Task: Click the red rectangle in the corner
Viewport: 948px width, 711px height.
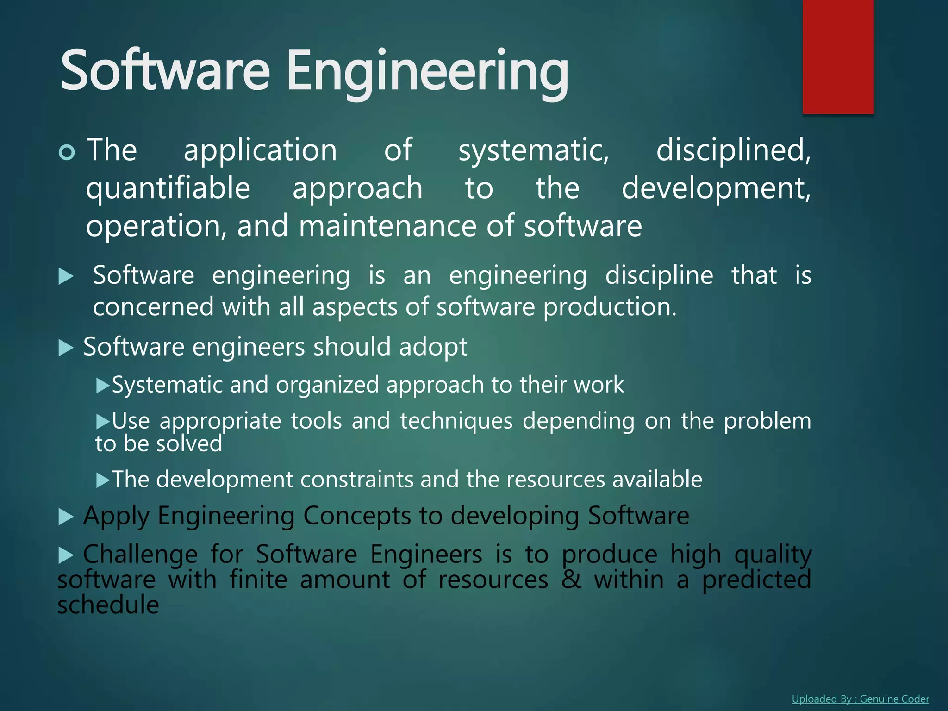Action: coord(838,56)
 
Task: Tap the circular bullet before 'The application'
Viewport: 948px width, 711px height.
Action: coord(67,152)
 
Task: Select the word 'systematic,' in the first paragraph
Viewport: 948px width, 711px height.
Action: coord(534,151)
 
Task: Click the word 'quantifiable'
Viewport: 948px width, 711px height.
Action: coord(168,189)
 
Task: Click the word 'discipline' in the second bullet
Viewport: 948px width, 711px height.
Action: coord(659,276)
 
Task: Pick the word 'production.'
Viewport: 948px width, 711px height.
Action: coord(610,307)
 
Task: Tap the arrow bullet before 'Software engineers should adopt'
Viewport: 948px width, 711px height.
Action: coord(66,348)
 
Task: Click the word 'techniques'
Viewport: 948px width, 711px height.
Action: coord(456,421)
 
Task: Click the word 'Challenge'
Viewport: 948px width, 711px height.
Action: coord(140,555)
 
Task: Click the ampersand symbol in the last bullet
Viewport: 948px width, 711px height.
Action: coord(571,580)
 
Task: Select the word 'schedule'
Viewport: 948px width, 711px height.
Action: coord(108,605)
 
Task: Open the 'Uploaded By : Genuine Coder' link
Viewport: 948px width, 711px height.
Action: coord(860,699)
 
